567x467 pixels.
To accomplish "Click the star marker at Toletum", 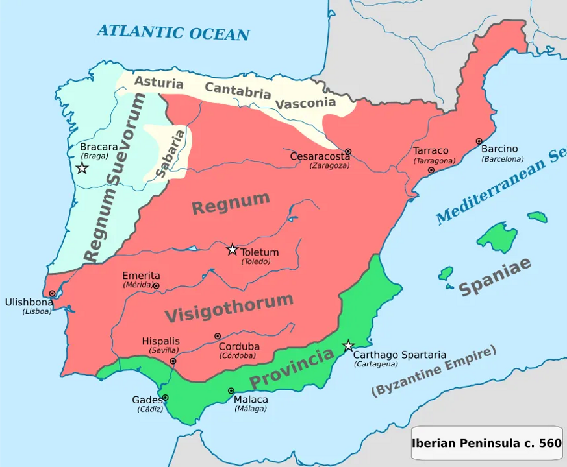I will [232, 249].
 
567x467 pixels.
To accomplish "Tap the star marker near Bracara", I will [82, 168].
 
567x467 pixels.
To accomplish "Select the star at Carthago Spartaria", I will [349, 346].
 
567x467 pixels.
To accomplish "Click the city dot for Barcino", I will [479, 141].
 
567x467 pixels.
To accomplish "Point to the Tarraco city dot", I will [431, 170].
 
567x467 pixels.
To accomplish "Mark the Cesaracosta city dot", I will [348, 151].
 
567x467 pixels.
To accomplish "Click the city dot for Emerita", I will [156, 285].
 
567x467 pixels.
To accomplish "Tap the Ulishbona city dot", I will [52, 294].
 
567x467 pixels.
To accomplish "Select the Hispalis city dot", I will [173, 361].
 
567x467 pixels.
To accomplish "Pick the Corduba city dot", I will [218, 337].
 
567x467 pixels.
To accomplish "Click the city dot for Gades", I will [165, 398].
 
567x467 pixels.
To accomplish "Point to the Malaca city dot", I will [231, 390].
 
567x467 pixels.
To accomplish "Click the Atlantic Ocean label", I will [173, 32].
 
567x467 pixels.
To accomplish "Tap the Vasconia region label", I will [305, 102].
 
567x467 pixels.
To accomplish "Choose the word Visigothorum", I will [229, 307].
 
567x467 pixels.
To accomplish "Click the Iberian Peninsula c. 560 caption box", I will [486, 444].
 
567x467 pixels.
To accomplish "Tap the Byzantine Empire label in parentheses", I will [433, 371].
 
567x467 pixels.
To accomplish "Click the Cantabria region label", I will [238, 90].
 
